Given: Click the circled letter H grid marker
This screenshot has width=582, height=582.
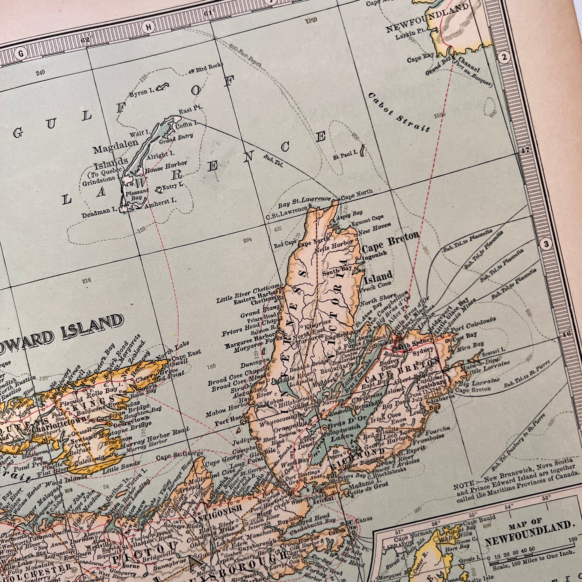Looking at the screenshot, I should point(149,27).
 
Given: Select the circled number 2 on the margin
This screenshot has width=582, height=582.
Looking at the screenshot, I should point(504,57).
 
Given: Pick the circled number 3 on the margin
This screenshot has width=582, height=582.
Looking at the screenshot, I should point(546,244).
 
